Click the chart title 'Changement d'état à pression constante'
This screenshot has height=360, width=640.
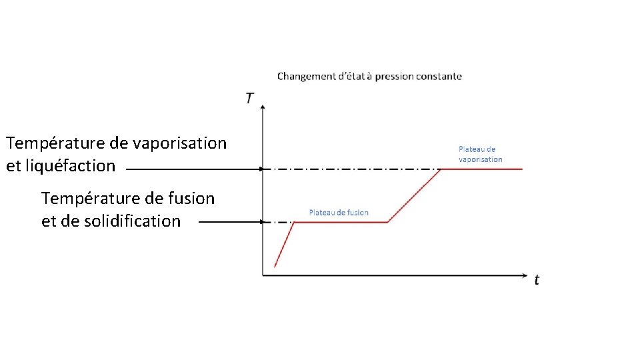369,76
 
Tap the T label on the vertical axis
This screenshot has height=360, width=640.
249,98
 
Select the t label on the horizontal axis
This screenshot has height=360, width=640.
537,280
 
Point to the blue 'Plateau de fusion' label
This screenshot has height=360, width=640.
339,213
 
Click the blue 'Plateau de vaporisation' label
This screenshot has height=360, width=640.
480,154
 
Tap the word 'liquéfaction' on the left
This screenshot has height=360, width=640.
71,165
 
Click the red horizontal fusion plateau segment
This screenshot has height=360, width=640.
341,222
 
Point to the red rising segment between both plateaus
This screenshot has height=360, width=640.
414,195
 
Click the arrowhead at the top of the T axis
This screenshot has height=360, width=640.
264,107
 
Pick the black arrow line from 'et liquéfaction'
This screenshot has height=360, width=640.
193,169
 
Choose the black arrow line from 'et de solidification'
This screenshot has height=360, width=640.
230,222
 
